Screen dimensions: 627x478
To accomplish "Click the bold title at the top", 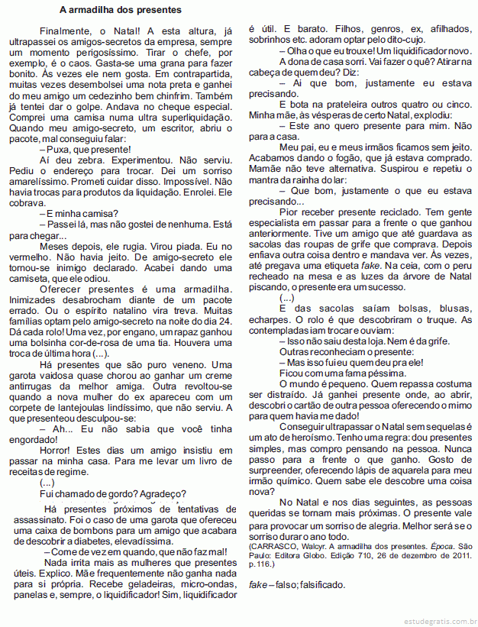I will tap(121, 10).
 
